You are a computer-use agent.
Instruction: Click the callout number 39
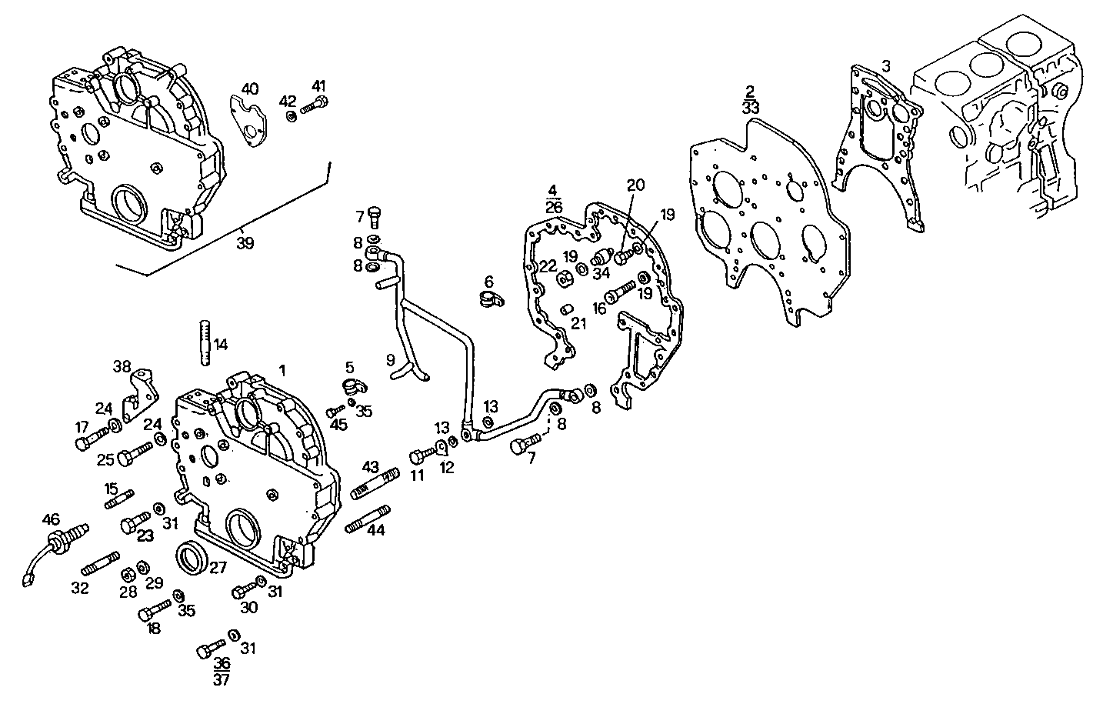[x=245, y=243]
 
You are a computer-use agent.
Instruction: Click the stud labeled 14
[x=204, y=342]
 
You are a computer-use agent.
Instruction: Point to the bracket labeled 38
[x=142, y=394]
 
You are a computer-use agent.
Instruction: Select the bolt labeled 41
[x=314, y=106]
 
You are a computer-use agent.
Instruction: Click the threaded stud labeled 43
[x=374, y=483]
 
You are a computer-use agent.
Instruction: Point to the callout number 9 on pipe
[x=390, y=359]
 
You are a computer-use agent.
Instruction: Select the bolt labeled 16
[x=620, y=293]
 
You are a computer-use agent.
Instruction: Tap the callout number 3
[x=886, y=66]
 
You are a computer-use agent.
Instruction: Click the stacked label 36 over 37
[x=222, y=670]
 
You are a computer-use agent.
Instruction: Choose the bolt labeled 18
[x=154, y=612]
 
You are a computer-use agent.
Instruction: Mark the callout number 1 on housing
[x=282, y=370]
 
